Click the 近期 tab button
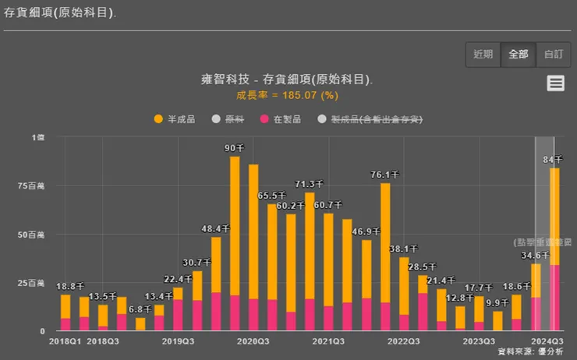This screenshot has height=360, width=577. [x=483, y=54]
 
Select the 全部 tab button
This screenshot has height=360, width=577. [x=518, y=54]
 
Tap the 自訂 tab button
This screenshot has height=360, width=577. [x=553, y=54]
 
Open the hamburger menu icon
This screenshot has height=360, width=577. [x=555, y=83]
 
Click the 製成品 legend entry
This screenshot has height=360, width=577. [x=370, y=119]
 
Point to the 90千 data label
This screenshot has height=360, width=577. [x=234, y=148]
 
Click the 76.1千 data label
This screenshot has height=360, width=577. [x=385, y=175]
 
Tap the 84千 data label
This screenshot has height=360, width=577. [x=554, y=160]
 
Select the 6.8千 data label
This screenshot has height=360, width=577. [x=140, y=310]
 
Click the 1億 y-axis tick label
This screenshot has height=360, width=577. [x=38, y=137]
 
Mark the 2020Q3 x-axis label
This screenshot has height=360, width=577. [x=253, y=341]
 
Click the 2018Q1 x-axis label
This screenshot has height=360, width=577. [x=65, y=341]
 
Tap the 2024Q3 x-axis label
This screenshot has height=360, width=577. [x=546, y=341]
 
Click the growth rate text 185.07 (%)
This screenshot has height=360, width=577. [x=288, y=95]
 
